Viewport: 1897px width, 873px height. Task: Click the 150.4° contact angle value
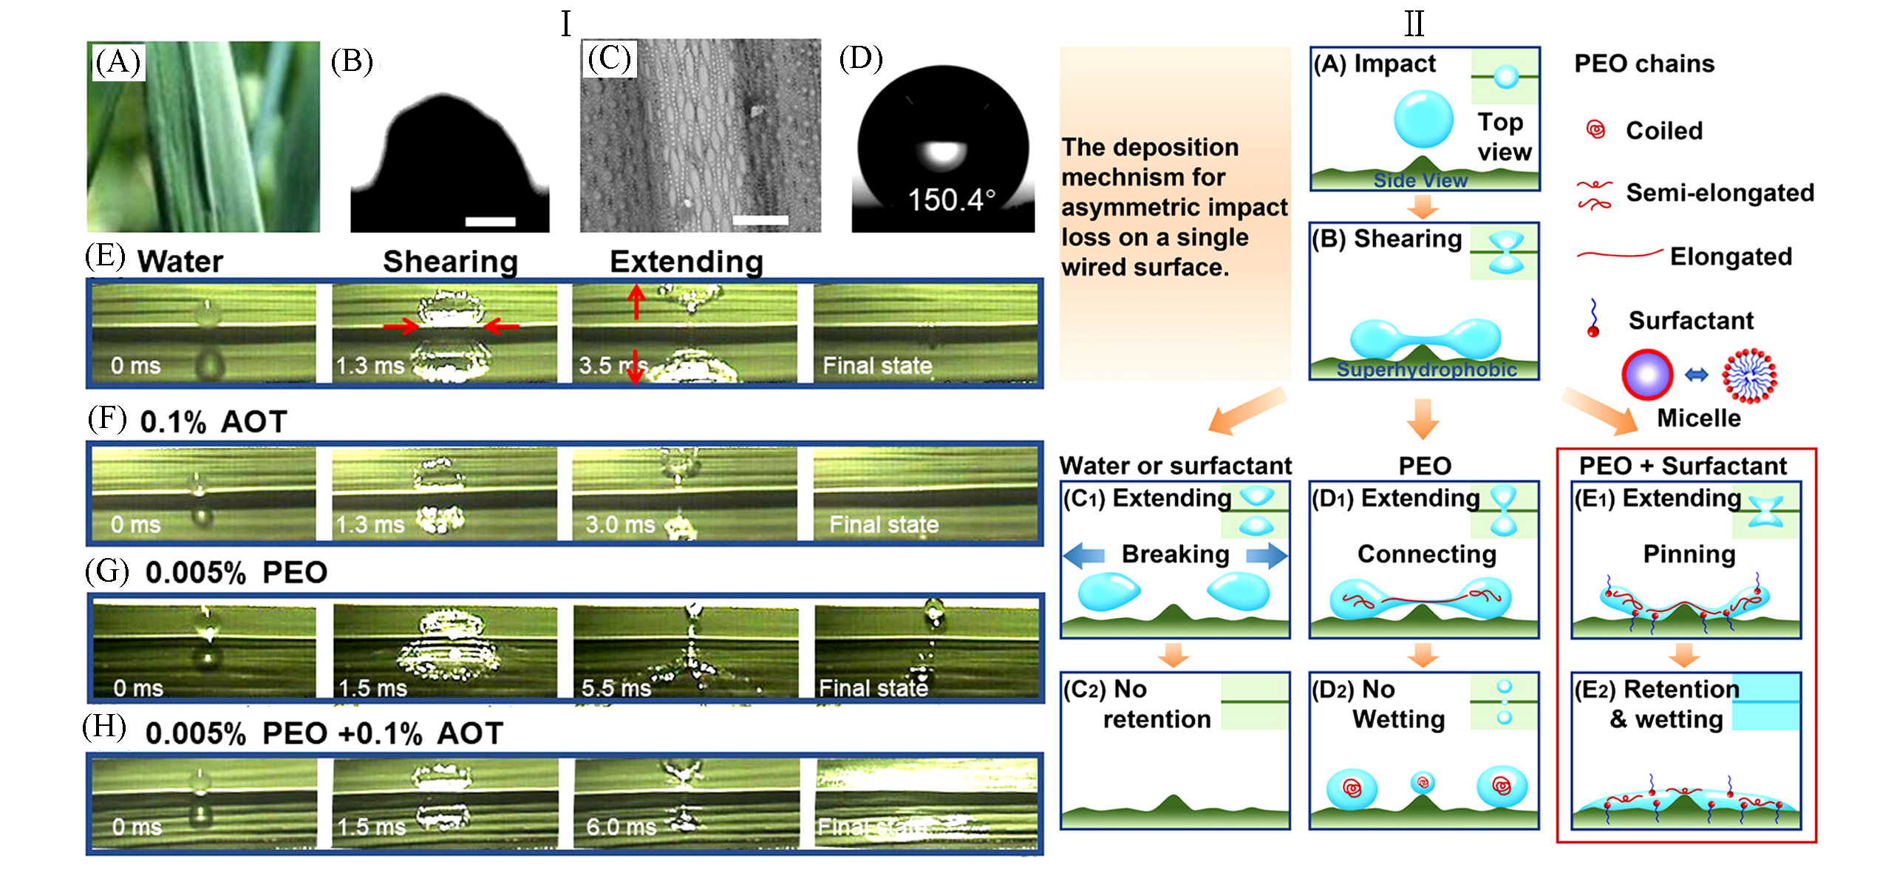coord(951,200)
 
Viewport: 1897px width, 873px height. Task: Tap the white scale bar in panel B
coord(490,221)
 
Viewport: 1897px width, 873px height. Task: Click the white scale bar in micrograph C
coord(760,220)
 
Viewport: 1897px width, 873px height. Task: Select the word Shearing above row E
coord(450,262)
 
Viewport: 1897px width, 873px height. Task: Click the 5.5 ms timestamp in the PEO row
coord(616,688)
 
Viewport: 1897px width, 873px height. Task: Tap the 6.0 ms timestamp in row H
coord(621,826)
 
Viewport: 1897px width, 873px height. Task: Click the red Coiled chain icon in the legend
coord(1595,131)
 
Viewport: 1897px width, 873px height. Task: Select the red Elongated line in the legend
coord(1619,255)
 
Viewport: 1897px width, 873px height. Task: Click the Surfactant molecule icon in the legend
coord(1593,319)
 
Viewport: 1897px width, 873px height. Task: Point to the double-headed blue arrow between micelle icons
coord(1696,376)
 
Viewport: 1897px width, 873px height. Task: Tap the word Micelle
coord(1698,418)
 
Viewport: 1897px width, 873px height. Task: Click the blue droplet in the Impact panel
coord(1423,118)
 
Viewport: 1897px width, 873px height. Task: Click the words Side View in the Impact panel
coord(1420,180)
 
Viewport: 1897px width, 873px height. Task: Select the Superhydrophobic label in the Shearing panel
coord(1426,370)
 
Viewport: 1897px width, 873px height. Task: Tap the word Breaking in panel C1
coord(1175,554)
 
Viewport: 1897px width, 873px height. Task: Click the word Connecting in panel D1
coord(1426,554)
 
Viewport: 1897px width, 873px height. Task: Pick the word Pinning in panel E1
coord(1689,554)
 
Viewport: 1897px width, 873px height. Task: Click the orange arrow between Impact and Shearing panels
coord(1422,207)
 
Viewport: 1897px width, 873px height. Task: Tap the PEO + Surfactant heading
coord(1683,466)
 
